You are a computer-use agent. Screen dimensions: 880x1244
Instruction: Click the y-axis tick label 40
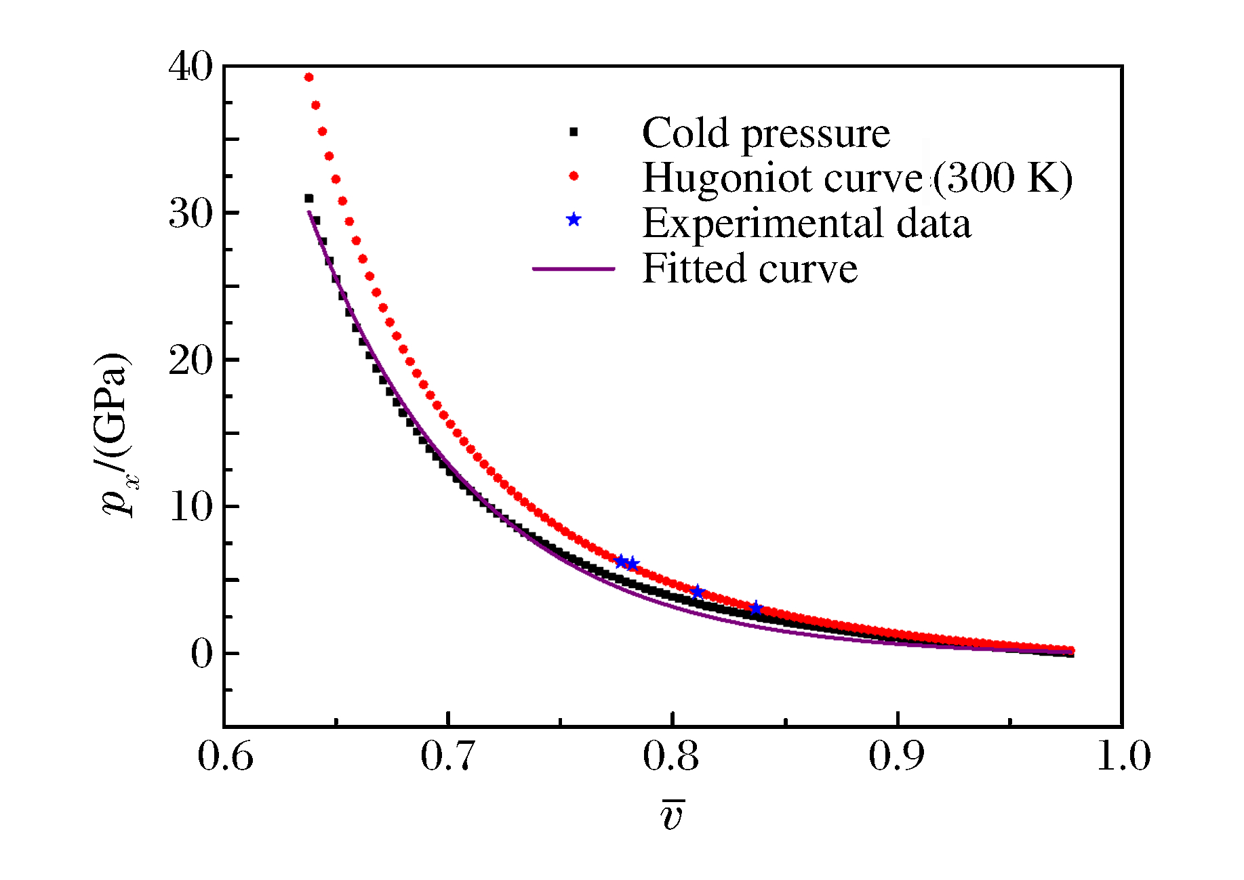[x=190, y=68]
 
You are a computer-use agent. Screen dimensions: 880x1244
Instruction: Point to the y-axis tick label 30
[x=190, y=214]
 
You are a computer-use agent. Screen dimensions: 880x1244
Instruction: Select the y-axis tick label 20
[x=190, y=360]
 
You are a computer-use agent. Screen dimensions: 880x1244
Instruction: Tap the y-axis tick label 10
[x=190, y=507]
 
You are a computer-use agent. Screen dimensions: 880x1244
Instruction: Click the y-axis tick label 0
[x=201, y=654]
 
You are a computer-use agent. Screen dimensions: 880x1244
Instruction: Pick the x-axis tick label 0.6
[x=225, y=757]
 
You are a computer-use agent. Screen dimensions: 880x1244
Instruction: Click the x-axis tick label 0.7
[x=448, y=757]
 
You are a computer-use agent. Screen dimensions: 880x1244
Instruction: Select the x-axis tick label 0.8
[x=671, y=757]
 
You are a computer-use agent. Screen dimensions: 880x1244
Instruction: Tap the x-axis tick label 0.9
[x=896, y=757]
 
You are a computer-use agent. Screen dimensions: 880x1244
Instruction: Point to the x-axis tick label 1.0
[x=1123, y=757]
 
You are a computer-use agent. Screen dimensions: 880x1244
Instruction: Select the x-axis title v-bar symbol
[x=673, y=815]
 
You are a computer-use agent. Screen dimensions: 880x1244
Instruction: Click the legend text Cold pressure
[x=765, y=133]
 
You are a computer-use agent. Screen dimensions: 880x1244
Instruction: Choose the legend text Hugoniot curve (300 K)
[x=857, y=178]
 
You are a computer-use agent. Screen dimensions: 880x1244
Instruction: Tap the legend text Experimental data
[x=806, y=224]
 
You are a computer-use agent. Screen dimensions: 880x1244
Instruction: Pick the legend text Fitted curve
[x=749, y=269]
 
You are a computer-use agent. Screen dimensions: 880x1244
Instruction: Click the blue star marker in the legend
[x=574, y=219]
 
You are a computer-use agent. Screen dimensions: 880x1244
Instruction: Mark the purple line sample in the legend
[x=574, y=269]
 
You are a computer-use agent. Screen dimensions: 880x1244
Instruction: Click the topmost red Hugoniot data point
[x=308, y=77]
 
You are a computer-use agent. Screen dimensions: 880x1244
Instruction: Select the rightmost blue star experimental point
[x=756, y=608]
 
